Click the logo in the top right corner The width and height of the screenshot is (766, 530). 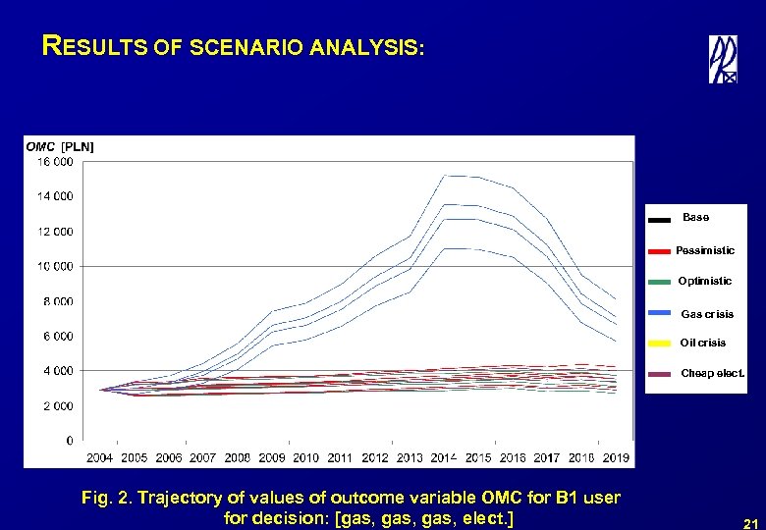point(723,59)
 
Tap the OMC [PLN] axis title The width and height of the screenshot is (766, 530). point(60,146)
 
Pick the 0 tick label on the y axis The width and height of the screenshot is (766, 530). point(69,441)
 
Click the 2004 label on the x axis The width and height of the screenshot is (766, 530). point(100,458)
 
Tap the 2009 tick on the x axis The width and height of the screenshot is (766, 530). point(271,458)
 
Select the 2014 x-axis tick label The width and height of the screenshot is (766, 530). point(444,458)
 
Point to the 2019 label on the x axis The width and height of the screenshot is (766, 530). point(616,458)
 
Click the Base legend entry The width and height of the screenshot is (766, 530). point(695,218)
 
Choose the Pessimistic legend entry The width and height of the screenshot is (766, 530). point(704,251)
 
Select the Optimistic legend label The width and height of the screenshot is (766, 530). point(704,282)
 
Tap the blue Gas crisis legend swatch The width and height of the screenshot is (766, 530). point(661,314)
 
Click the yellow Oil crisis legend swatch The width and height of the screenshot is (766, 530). point(661,344)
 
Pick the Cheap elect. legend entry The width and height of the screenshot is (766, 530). point(712,374)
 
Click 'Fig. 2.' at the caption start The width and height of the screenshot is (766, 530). point(108,498)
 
